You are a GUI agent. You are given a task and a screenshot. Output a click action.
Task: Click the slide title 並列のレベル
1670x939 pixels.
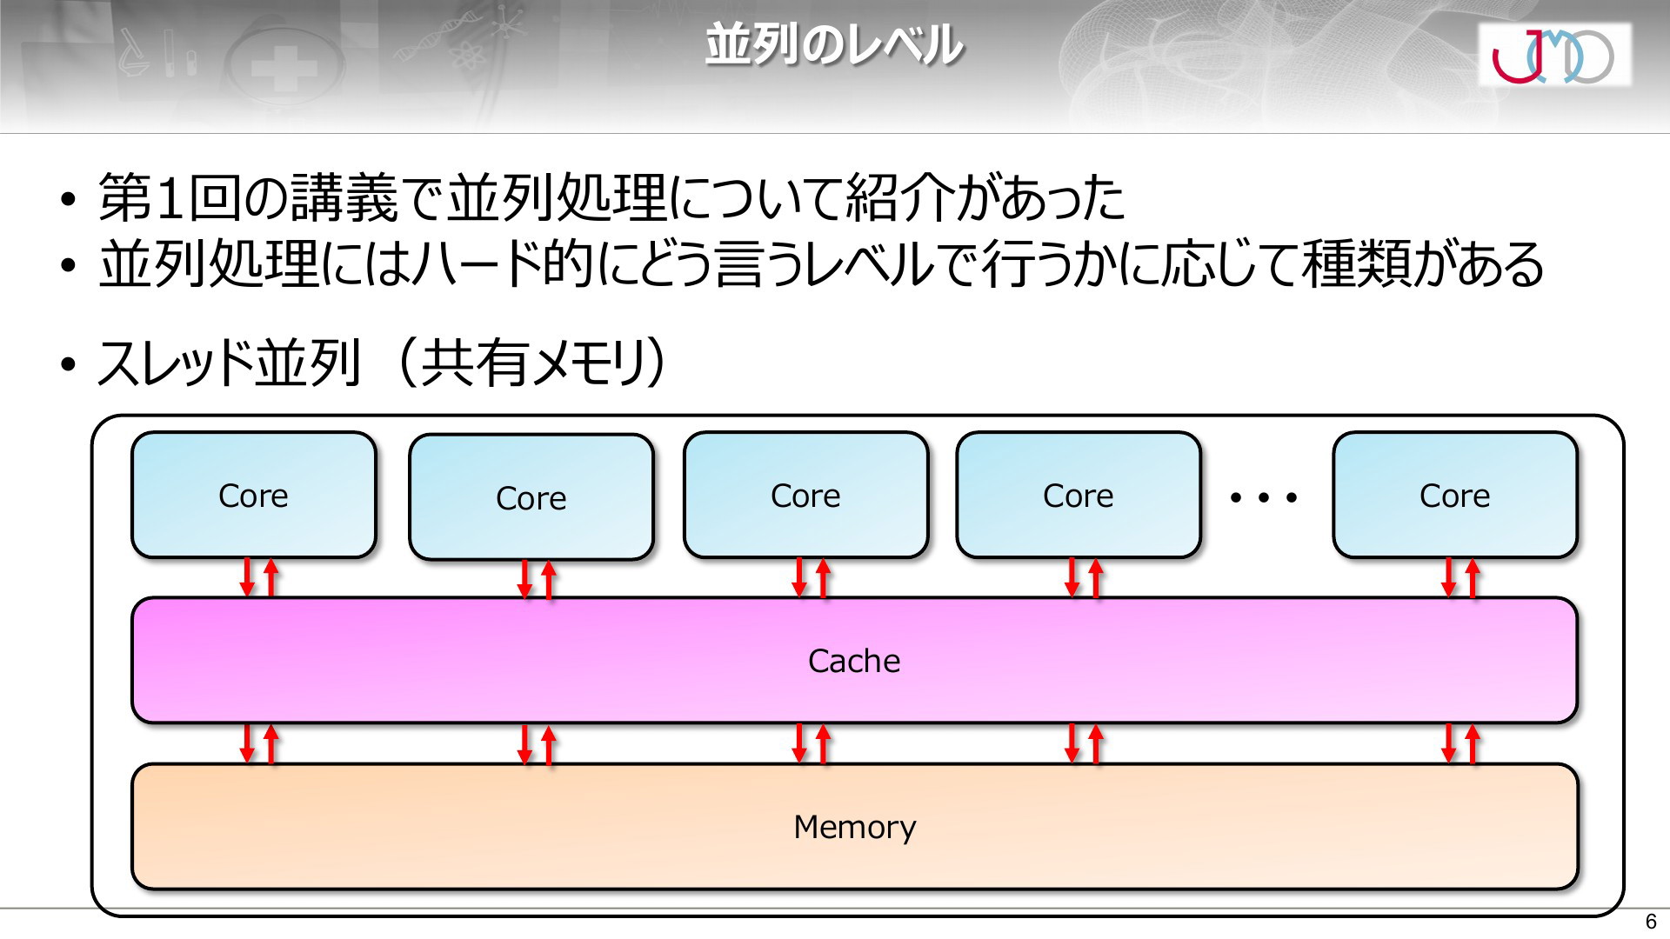(833, 45)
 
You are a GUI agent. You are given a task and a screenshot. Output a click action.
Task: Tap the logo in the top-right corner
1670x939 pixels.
(1554, 55)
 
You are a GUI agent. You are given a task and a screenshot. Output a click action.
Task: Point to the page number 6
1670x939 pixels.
(1651, 922)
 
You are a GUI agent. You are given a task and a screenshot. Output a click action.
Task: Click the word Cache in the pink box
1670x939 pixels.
(854, 661)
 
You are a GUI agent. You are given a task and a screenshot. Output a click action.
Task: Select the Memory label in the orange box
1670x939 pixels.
(855, 827)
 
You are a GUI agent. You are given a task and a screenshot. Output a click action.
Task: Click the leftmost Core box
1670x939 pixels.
(254, 495)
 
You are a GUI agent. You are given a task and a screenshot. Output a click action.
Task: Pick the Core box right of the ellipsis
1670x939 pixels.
(1455, 495)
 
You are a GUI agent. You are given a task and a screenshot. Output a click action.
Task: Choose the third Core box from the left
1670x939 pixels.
(806, 495)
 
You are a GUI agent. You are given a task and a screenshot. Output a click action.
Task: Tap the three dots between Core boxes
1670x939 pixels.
(1264, 497)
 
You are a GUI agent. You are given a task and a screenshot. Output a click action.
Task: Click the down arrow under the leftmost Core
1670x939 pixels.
(247, 577)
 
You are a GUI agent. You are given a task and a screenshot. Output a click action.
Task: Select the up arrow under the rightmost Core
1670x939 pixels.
(1473, 577)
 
